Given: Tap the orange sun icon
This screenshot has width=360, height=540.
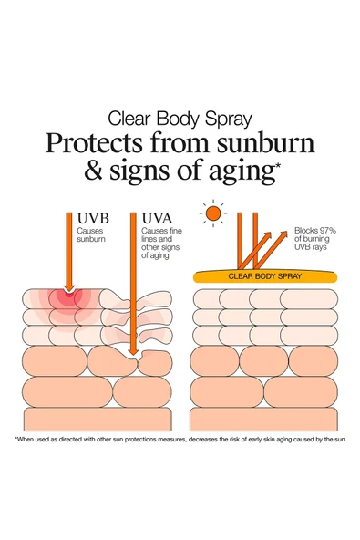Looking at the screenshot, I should tap(213, 214).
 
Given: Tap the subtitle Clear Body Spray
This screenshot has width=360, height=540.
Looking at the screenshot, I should tap(180, 118).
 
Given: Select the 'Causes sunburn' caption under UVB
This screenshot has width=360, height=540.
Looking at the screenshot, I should tap(91, 240).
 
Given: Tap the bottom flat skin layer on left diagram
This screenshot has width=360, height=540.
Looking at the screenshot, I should tap(98, 419).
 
